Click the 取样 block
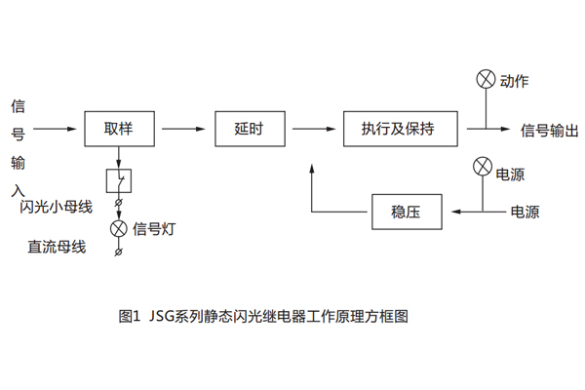pos(118,128)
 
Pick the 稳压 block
pos(405,211)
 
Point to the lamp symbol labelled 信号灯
pos(118,229)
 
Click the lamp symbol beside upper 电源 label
pos(481,166)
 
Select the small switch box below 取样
pos(118,181)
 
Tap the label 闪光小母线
pos(56,208)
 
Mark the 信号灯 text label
pos(153,230)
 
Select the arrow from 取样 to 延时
pos(184,128)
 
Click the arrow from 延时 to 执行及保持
pos(312,128)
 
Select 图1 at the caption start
pos(130,317)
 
